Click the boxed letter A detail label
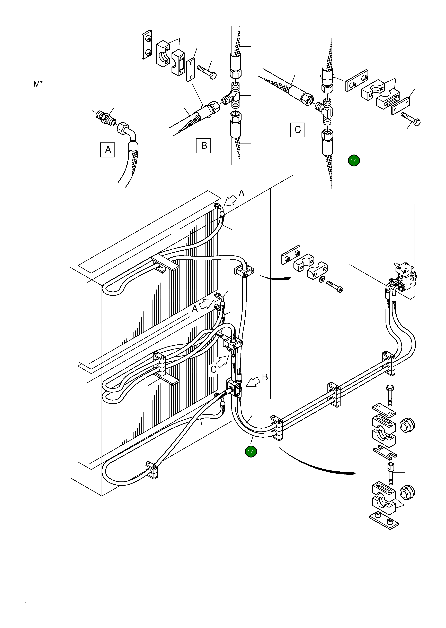tap(108, 149)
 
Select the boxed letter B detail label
tap(203, 145)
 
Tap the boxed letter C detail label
tap(298, 130)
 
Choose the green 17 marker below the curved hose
tap(251, 452)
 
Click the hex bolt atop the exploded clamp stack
tap(390, 395)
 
